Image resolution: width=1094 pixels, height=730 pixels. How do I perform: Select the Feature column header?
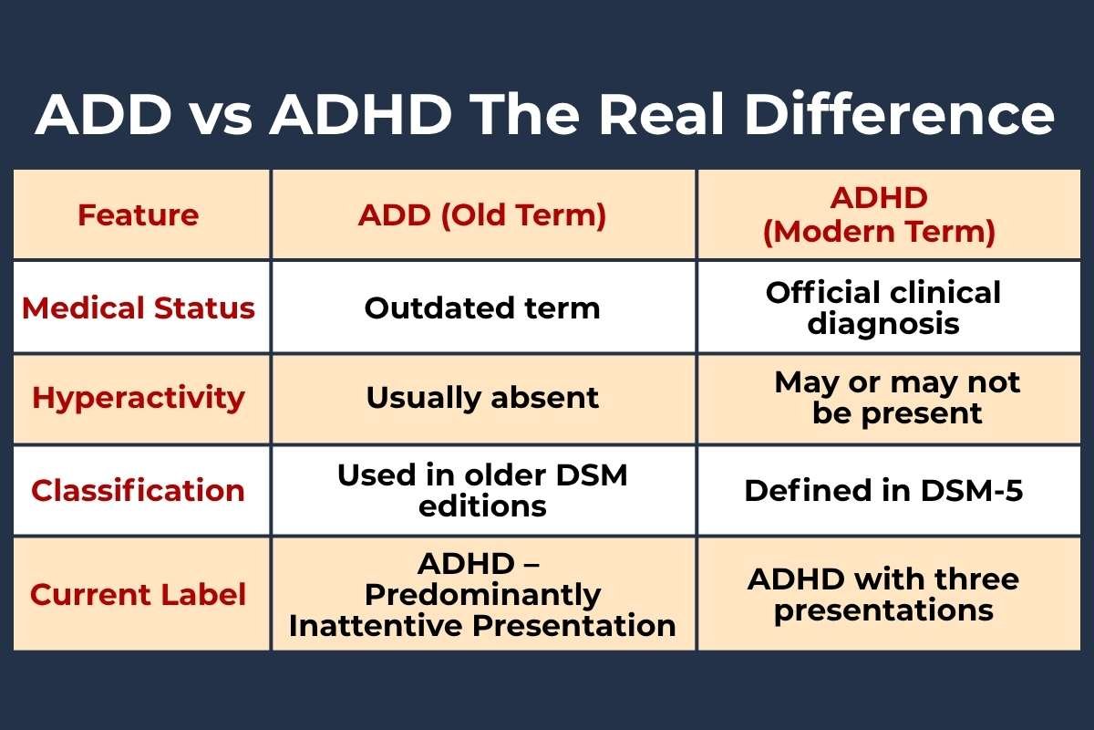tap(138, 215)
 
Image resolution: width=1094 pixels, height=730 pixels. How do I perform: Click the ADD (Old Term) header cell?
tap(482, 215)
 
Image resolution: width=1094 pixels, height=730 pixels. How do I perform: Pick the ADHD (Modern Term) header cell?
tap(879, 215)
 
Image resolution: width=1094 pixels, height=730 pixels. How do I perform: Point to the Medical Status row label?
tap(139, 308)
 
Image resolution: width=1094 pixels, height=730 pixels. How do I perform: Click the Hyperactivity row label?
tap(139, 398)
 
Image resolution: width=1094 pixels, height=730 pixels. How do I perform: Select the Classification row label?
tap(139, 490)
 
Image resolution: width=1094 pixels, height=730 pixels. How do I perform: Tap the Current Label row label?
tap(139, 595)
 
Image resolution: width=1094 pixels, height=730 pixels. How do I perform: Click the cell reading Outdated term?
tap(482, 308)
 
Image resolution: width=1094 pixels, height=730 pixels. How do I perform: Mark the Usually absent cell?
tap(482, 398)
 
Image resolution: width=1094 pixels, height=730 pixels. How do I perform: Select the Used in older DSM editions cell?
tap(482, 490)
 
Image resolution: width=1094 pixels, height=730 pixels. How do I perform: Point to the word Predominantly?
tap(482, 595)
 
